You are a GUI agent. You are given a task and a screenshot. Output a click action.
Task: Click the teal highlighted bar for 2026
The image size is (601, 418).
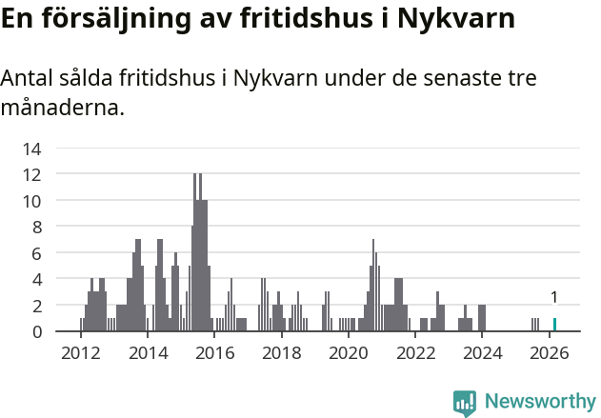pyautogui.click(x=554, y=325)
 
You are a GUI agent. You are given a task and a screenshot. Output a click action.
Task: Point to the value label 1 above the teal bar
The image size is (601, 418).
pyautogui.click(x=554, y=297)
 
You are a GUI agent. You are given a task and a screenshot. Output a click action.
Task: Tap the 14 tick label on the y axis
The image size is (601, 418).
pyautogui.click(x=32, y=149)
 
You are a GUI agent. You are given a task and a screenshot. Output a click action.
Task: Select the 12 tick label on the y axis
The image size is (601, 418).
pyautogui.click(x=32, y=174)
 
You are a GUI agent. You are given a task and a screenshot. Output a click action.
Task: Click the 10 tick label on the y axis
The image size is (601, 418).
pyautogui.click(x=32, y=201)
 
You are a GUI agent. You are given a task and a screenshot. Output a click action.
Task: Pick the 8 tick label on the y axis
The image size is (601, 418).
pyautogui.click(x=36, y=227)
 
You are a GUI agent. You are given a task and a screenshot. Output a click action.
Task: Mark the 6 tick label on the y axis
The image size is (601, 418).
pyautogui.click(x=36, y=253)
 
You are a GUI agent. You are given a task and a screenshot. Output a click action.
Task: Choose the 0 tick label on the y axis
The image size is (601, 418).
pyautogui.click(x=36, y=331)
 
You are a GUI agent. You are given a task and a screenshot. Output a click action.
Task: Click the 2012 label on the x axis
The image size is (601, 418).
pyautogui.click(x=81, y=352)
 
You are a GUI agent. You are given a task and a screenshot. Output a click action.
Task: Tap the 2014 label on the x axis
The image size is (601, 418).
pyautogui.click(x=148, y=352)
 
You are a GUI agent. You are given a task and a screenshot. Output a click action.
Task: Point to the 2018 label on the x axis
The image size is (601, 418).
pyautogui.click(x=282, y=352)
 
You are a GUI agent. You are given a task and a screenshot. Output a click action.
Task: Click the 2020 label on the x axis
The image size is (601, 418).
pyautogui.click(x=349, y=352)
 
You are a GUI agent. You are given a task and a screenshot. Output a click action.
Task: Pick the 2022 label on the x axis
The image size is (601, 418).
pyautogui.click(x=415, y=352)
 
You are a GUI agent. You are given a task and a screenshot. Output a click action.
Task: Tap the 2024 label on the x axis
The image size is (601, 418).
pyautogui.click(x=483, y=352)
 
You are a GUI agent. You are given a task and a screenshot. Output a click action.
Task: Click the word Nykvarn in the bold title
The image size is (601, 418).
pyautogui.click(x=454, y=20)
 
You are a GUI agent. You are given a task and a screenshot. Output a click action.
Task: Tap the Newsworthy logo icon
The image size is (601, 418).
pyautogui.click(x=465, y=402)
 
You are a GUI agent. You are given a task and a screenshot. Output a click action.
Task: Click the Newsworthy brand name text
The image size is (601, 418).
pyautogui.click(x=540, y=402)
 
